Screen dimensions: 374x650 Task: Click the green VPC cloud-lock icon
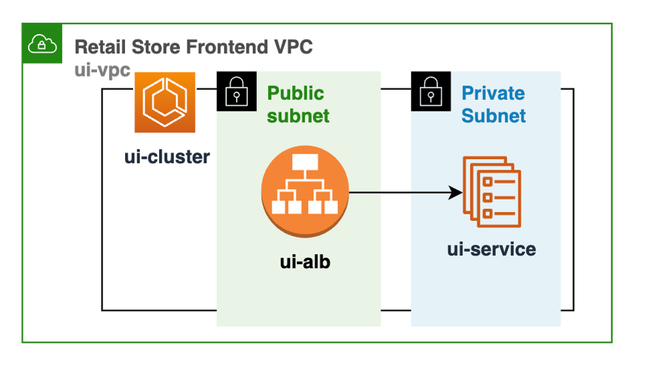tap(42, 44)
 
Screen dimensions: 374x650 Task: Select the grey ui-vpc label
tap(102, 69)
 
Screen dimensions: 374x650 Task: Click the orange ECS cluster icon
tap(165, 102)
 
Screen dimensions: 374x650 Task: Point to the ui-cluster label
tap(167, 157)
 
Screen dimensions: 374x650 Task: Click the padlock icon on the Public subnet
tap(236, 91)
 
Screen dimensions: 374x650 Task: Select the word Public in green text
tap(295, 93)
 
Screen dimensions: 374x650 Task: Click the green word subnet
tap(298, 116)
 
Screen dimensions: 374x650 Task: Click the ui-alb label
tap(305, 262)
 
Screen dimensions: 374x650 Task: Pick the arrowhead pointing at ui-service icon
tap(456, 193)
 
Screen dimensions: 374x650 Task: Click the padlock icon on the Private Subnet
tap(430, 91)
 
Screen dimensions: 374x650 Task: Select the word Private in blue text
tap(493, 93)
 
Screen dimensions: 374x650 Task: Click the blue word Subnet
tap(494, 116)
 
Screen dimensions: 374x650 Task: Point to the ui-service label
tap(491, 250)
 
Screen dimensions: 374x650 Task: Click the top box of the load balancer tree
tap(305, 162)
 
